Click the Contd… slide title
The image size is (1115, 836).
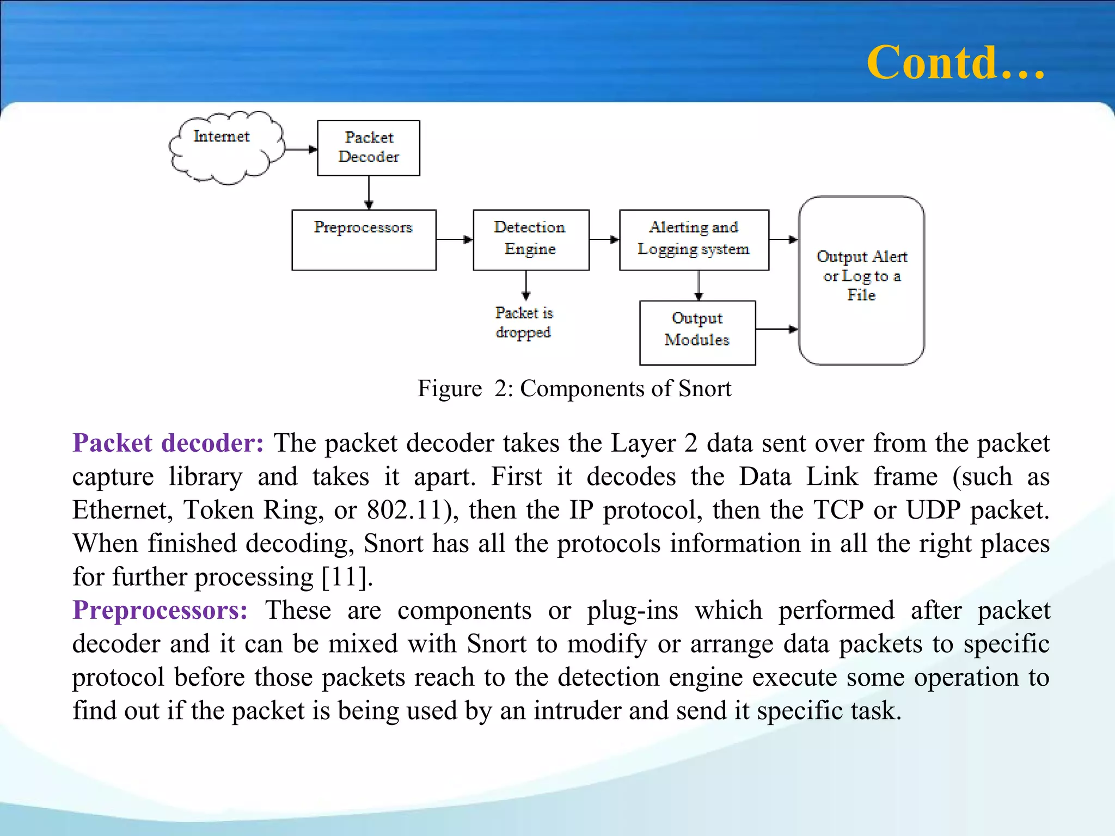[955, 63]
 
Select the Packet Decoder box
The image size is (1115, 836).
[369, 147]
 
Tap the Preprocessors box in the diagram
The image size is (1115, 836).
[364, 239]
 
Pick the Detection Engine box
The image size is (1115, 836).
[531, 239]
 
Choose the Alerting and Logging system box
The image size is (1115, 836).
[694, 239]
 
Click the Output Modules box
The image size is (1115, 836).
[697, 332]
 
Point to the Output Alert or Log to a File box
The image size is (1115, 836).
[861, 280]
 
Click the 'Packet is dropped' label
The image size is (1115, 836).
[523, 323]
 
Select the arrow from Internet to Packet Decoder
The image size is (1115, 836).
[301, 149]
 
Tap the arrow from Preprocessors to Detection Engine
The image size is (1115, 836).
[454, 239]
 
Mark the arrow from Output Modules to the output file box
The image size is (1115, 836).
[776, 329]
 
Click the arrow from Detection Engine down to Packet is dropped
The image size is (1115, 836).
[526, 285]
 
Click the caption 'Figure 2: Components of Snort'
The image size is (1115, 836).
[574, 389]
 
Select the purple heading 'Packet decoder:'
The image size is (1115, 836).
[168, 443]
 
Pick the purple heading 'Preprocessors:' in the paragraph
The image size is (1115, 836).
[161, 610]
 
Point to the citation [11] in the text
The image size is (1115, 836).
[345, 577]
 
